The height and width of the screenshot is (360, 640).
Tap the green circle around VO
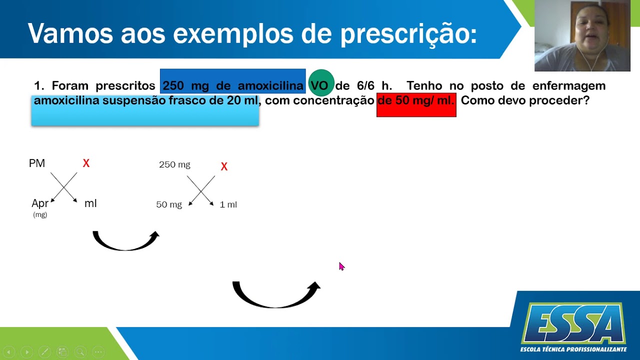(321, 83)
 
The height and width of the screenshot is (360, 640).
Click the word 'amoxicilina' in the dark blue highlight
(270, 85)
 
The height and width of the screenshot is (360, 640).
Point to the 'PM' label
(37, 163)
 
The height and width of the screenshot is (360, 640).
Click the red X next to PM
(86, 163)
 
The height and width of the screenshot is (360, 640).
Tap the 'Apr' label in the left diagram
(40, 203)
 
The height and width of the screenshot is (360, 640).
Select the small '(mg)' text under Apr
(40, 214)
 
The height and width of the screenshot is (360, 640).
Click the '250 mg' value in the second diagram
(174, 164)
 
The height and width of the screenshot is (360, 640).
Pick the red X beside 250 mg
(224, 166)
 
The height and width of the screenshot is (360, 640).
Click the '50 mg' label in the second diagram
(169, 204)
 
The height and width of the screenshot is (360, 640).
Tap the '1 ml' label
(228, 204)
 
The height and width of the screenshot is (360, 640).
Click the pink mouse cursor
(341, 266)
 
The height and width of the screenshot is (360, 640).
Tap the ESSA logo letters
(573, 323)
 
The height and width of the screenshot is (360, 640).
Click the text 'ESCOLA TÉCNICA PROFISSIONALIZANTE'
(573, 349)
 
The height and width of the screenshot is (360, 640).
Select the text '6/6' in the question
(365, 85)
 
